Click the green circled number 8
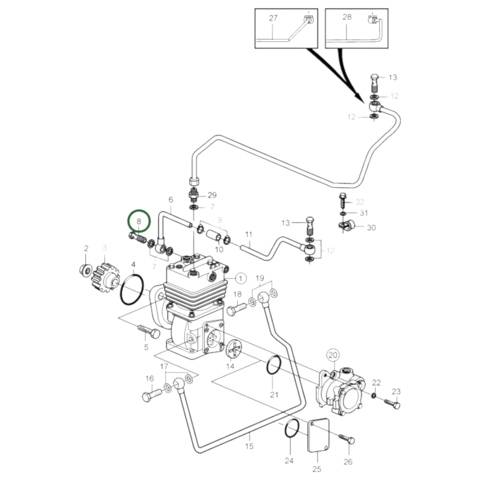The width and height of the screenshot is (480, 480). click(x=139, y=221)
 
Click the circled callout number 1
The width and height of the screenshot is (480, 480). click(x=240, y=278)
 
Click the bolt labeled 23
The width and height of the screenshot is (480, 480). click(x=393, y=404)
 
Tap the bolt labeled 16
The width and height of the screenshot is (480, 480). click(x=152, y=395)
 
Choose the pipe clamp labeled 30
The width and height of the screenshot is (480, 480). click(x=347, y=226)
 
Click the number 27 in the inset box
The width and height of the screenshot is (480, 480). click(x=273, y=18)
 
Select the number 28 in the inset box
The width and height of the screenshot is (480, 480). click(x=347, y=17)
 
